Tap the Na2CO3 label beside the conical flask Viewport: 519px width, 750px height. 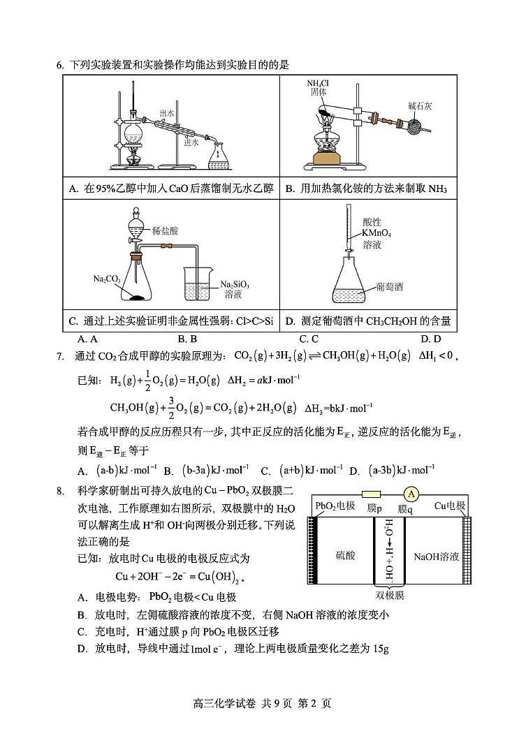point(106,279)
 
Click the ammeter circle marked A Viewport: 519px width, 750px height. point(411,494)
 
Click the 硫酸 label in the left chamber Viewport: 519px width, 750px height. point(345,556)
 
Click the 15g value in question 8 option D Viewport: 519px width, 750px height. point(381,649)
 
